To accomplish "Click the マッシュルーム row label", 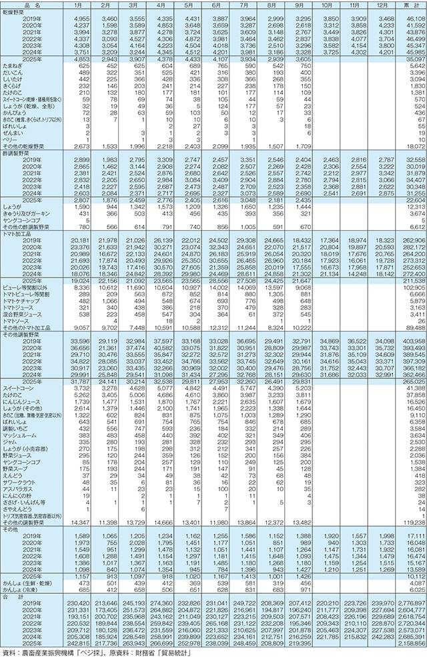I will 19,453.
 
